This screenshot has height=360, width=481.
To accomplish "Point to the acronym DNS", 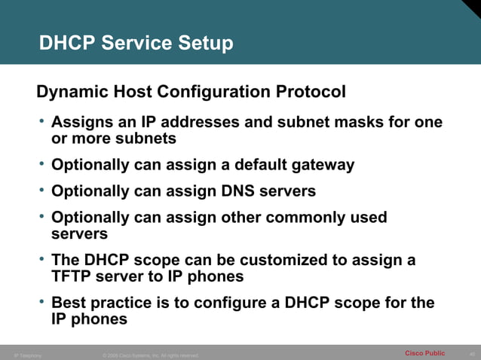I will point(234,191).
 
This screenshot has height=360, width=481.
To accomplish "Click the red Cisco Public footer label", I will point(424,353).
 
